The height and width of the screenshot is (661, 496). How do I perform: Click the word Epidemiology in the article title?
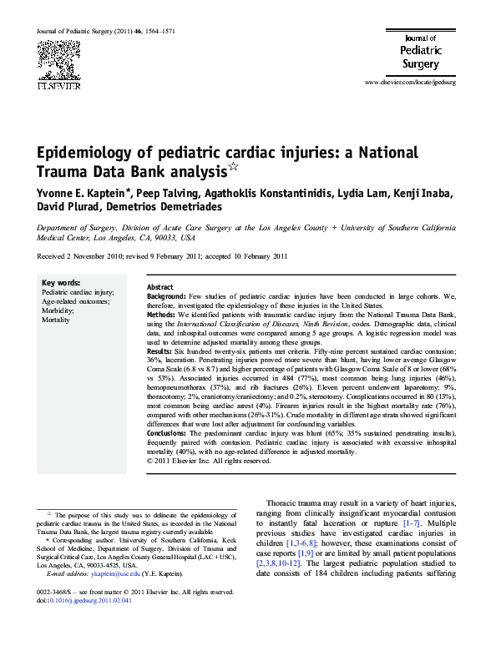pos(89,154)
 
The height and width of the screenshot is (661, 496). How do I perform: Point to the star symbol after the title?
pos(235,168)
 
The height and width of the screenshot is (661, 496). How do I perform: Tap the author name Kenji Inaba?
pos(423,194)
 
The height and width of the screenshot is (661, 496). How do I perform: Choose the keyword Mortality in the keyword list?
pos(56,320)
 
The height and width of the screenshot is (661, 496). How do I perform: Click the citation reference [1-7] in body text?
pos(458,522)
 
